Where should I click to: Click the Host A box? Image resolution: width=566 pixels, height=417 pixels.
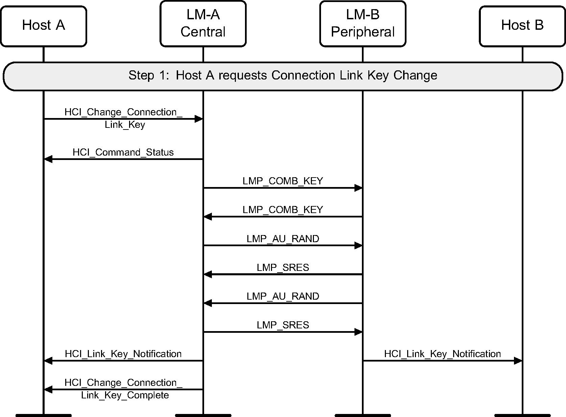(44, 26)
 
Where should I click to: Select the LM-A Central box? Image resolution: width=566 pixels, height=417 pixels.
(203, 24)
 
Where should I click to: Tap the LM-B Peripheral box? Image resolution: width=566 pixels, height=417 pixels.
(363, 24)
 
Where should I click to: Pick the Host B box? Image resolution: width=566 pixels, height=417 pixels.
(522, 26)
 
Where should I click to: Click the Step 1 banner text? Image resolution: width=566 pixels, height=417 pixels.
(282, 75)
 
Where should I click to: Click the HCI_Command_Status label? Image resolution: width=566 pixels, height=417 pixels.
(123, 152)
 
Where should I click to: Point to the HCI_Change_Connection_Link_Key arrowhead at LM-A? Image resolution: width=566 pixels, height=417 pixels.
(198, 119)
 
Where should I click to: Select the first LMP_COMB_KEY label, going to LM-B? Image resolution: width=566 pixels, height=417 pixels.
(282, 181)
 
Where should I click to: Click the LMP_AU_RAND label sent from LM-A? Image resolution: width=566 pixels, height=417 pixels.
(282, 239)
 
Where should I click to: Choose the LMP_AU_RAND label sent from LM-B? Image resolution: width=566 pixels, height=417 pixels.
(282, 296)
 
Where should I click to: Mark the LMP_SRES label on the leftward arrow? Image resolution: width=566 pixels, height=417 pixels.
(282, 268)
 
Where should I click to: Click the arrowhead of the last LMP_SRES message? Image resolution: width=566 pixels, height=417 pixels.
(358, 332)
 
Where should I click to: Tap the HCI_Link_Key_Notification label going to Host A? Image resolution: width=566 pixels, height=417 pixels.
(123, 354)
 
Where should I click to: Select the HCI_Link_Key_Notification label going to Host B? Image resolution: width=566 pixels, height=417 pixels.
(442, 354)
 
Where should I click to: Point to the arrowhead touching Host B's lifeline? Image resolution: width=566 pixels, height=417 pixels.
(518, 361)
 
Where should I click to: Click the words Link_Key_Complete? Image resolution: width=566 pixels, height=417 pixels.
(125, 395)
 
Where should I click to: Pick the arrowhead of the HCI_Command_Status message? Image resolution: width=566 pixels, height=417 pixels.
(48, 159)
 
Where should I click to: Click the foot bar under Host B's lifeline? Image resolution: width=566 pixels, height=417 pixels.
(522, 415)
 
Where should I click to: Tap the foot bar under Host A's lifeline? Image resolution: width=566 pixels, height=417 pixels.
(44, 415)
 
